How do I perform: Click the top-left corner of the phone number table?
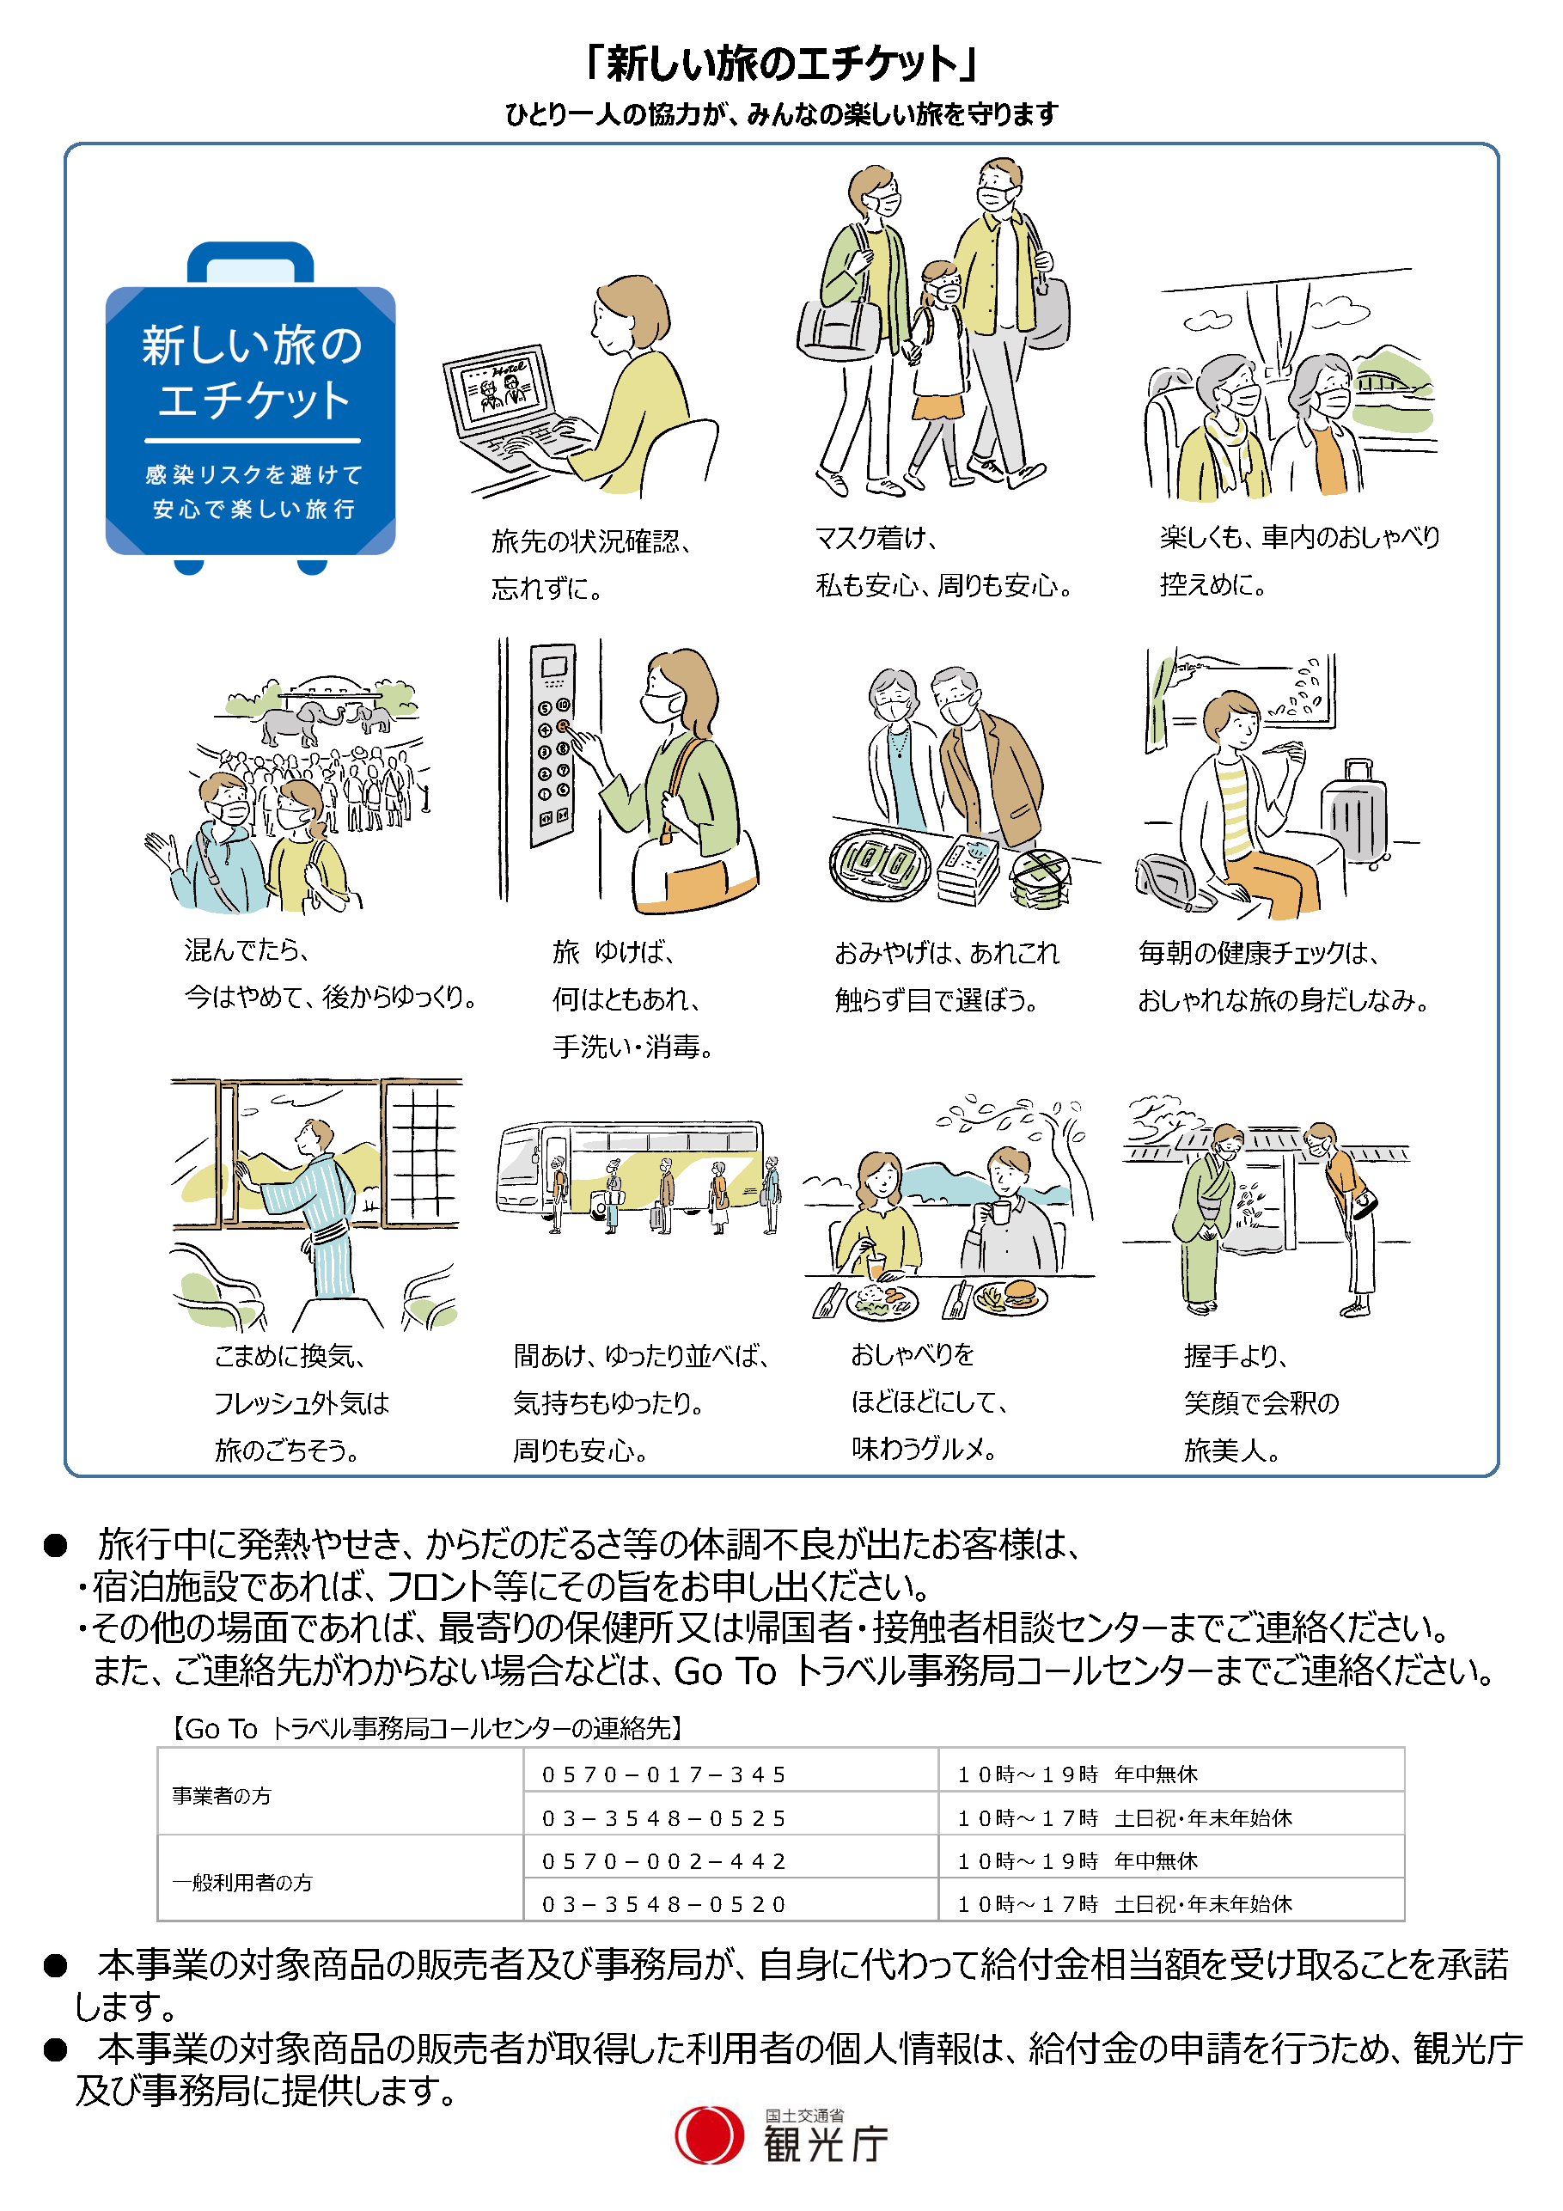[158, 1747]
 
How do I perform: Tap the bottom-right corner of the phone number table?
[1405, 1921]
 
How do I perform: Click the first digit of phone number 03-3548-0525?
[549, 1818]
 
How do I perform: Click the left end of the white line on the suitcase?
[145, 441]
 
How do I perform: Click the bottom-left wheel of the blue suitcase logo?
[189, 565]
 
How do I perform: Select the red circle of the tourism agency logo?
[709, 2135]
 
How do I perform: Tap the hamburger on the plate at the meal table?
[1020, 1293]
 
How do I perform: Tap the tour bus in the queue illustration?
[631, 1168]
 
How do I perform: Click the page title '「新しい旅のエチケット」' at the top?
[781, 64]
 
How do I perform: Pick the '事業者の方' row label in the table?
[222, 1796]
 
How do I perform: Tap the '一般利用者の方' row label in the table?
[242, 1883]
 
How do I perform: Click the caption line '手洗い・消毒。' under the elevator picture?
[632, 1047]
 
